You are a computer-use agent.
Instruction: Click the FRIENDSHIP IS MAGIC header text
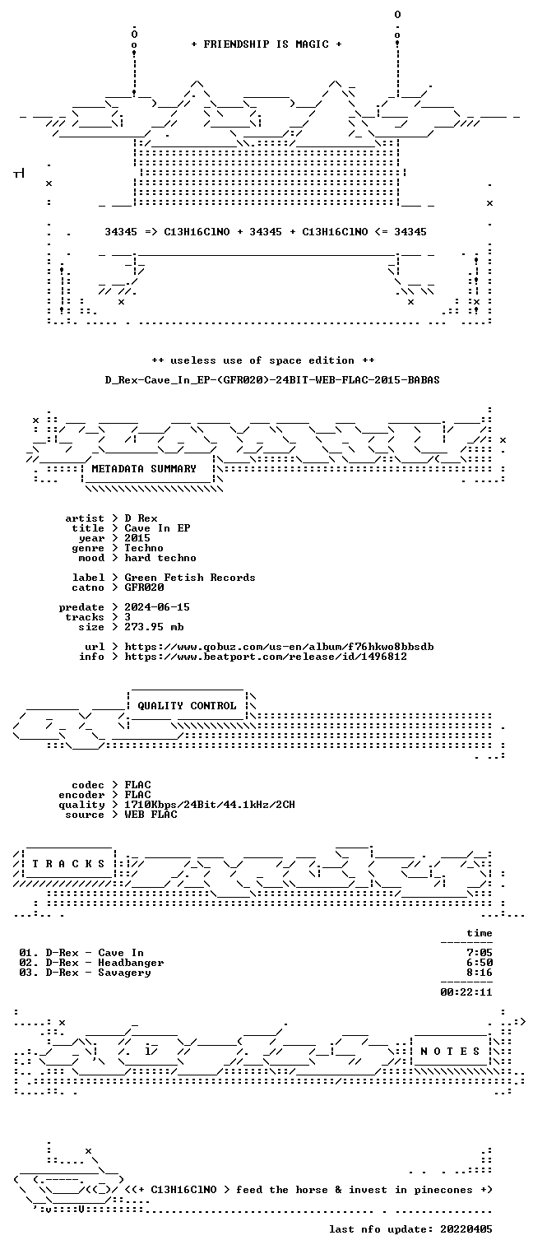[266, 44]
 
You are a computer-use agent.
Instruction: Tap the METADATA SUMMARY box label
[144, 468]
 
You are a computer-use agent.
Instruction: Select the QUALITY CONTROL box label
[187, 705]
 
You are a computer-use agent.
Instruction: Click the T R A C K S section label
[68, 863]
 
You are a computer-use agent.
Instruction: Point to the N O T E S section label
[450, 1052]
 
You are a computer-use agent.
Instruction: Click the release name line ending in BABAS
[272, 380]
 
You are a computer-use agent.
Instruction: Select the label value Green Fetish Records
[190, 578]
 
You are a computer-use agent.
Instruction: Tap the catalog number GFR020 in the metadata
[144, 588]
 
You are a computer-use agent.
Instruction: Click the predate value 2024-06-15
[157, 607]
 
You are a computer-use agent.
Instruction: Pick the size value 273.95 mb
[154, 627]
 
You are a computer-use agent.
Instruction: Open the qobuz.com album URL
[279, 647]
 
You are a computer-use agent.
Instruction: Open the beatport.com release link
[266, 657]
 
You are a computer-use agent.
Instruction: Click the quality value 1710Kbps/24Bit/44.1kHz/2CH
[210, 805]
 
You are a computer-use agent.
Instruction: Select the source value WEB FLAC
[151, 815]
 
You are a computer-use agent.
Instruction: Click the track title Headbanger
[131, 963]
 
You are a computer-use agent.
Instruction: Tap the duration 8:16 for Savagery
[480, 973]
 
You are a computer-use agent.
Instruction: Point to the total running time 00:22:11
[466, 992]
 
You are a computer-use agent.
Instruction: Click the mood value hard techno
[160, 558]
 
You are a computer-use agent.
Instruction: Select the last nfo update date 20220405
[466, 1229]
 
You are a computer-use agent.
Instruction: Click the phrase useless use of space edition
[262, 360]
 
